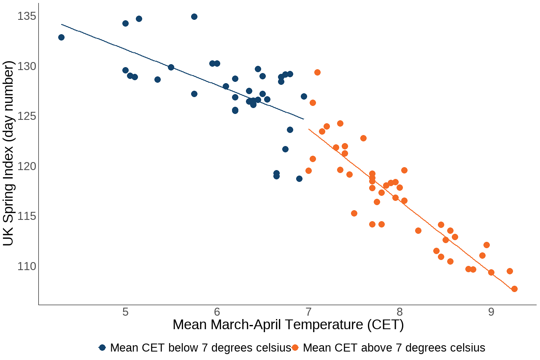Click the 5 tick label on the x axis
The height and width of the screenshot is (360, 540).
click(125, 312)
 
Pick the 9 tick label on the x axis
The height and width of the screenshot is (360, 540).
click(491, 312)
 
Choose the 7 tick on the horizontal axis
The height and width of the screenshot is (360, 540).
click(308, 312)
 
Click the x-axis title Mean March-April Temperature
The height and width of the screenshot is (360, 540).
click(288, 325)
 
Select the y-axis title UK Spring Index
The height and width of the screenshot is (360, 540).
click(9, 153)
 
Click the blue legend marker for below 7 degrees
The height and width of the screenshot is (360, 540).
click(102, 347)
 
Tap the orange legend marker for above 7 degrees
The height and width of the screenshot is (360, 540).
click(295, 347)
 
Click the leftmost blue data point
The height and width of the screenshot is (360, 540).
click(61, 37)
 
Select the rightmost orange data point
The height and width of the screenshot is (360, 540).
click(514, 289)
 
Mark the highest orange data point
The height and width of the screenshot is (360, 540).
click(317, 72)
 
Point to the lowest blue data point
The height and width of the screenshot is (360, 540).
click(299, 179)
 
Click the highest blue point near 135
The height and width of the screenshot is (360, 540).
click(194, 16)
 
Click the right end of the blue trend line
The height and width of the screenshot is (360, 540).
click(303, 119)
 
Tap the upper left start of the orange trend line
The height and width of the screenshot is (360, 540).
click(309, 129)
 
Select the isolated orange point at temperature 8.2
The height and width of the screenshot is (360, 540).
click(418, 230)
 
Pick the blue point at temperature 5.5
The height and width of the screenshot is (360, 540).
click(171, 67)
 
